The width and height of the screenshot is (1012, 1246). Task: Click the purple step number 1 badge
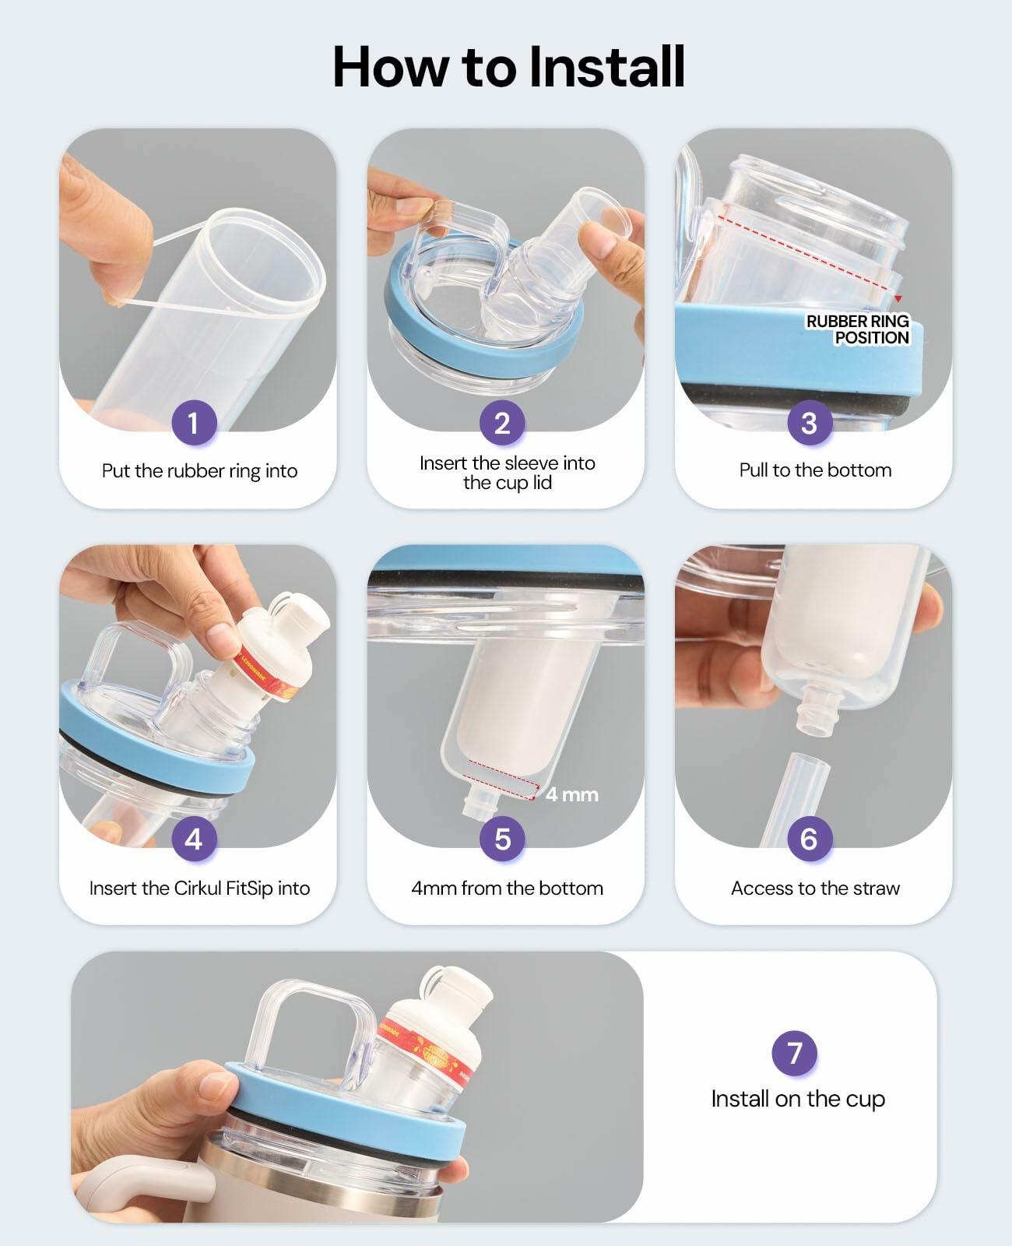(x=194, y=422)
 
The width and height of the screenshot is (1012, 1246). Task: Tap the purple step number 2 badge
(x=502, y=422)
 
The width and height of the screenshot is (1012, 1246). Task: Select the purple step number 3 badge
(x=810, y=422)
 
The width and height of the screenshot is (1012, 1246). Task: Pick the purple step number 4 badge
(x=194, y=839)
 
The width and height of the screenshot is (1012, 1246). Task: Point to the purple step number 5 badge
(x=502, y=839)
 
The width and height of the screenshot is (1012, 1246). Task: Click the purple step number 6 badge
(x=810, y=839)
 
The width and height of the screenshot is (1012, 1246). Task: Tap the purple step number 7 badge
(x=795, y=1053)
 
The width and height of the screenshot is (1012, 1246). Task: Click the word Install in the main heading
(x=607, y=66)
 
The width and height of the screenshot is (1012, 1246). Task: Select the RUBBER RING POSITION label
(x=858, y=329)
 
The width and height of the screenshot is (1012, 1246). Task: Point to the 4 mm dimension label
(x=571, y=794)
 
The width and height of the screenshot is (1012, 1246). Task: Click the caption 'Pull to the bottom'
(x=815, y=470)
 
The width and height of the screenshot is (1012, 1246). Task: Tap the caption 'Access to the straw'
(x=815, y=888)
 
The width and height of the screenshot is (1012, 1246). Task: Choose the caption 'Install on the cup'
(x=798, y=1099)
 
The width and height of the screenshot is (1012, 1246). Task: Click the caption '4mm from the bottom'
(x=507, y=888)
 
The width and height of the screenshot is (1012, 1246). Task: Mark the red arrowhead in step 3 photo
(x=898, y=299)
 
